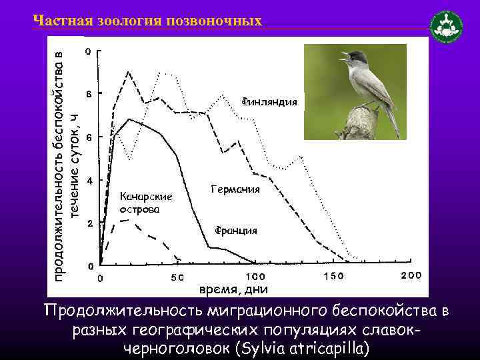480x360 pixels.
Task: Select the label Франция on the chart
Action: (x=235, y=231)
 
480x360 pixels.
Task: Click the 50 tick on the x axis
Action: (x=177, y=277)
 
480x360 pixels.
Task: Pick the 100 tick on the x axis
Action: (x=256, y=276)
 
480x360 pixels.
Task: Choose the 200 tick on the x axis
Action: (x=410, y=276)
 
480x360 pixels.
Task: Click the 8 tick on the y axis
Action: (x=89, y=93)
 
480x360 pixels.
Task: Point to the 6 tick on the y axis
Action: (x=89, y=137)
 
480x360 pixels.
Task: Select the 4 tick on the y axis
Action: (x=89, y=180)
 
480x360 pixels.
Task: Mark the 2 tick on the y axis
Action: (x=89, y=223)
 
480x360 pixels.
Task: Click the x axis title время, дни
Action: (x=234, y=289)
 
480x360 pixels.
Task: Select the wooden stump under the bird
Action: (x=361, y=124)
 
